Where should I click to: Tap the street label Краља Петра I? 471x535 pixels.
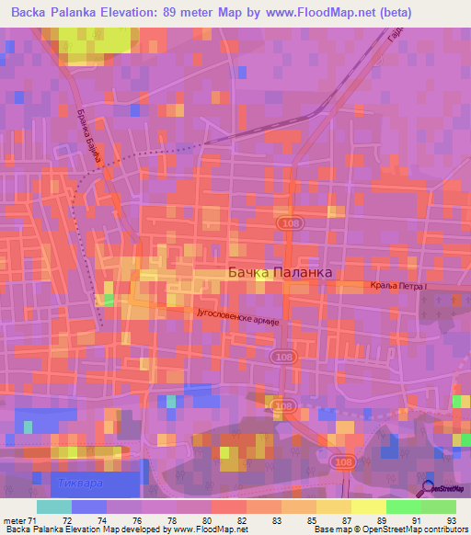(399, 288)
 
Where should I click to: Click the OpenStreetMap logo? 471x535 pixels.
(442, 490)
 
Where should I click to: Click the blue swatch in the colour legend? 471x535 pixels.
(88, 507)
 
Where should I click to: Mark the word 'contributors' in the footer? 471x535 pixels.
(442, 529)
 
